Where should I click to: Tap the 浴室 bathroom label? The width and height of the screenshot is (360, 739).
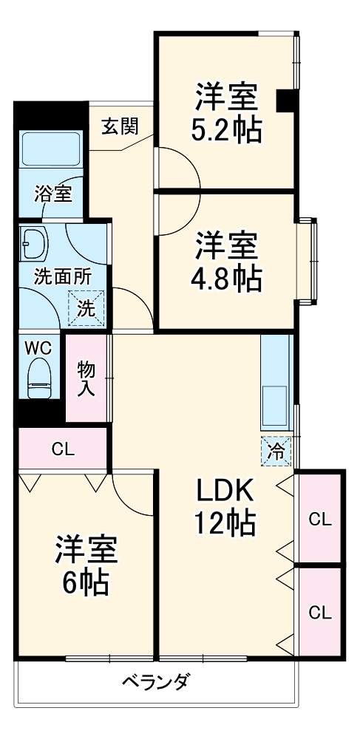tap(53, 194)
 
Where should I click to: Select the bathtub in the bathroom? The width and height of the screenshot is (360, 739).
tap(51, 149)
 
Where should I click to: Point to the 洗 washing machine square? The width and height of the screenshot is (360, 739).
tap(86, 309)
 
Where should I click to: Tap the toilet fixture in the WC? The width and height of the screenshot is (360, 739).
tap(39, 378)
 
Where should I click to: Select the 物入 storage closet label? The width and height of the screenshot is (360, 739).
tap(86, 378)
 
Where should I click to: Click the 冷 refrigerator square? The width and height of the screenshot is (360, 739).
tap(275, 451)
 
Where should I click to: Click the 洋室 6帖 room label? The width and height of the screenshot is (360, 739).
tap(85, 565)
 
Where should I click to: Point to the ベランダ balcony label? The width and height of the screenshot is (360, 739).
tap(155, 681)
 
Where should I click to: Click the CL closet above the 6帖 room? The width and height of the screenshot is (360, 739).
tap(62, 449)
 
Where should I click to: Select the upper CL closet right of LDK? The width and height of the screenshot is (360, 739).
tap(319, 518)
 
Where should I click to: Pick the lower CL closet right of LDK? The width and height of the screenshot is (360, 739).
tap(319, 612)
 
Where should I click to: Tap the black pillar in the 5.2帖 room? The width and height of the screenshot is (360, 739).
tap(286, 101)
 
